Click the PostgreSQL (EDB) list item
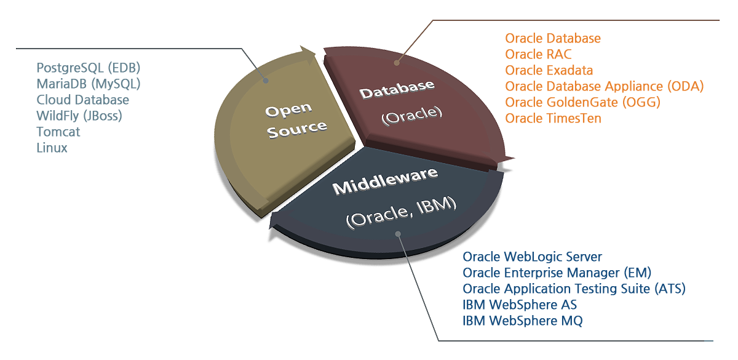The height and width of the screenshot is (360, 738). tap(89, 68)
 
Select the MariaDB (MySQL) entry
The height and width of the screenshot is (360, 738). tap(89, 84)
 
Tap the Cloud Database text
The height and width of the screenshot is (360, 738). tap(82, 100)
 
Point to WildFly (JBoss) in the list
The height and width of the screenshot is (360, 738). tap(79, 116)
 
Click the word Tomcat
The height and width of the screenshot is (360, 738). tap(58, 132)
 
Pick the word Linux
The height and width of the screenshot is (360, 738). tap(52, 148)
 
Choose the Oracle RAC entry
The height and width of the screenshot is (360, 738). tap(538, 54)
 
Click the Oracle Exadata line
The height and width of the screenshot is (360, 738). tap(549, 70)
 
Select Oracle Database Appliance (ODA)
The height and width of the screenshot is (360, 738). tap(604, 86)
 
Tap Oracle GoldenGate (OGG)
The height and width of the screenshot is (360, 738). tap(583, 102)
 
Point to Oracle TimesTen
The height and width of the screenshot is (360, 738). tap(553, 118)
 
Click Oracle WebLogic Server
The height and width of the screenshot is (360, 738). tap(532, 257)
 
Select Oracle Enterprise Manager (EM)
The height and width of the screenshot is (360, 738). tap(557, 273)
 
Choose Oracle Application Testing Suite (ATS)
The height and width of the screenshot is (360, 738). tap(574, 289)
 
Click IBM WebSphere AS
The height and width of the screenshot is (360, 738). tap(520, 305)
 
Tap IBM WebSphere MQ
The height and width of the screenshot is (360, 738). tap(523, 321)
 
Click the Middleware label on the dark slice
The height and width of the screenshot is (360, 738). tap(385, 182)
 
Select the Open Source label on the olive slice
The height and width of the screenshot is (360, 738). tap(296, 121)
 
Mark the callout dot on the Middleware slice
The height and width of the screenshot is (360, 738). tap(398, 234)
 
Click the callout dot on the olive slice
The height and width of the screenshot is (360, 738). tap(266, 81)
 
